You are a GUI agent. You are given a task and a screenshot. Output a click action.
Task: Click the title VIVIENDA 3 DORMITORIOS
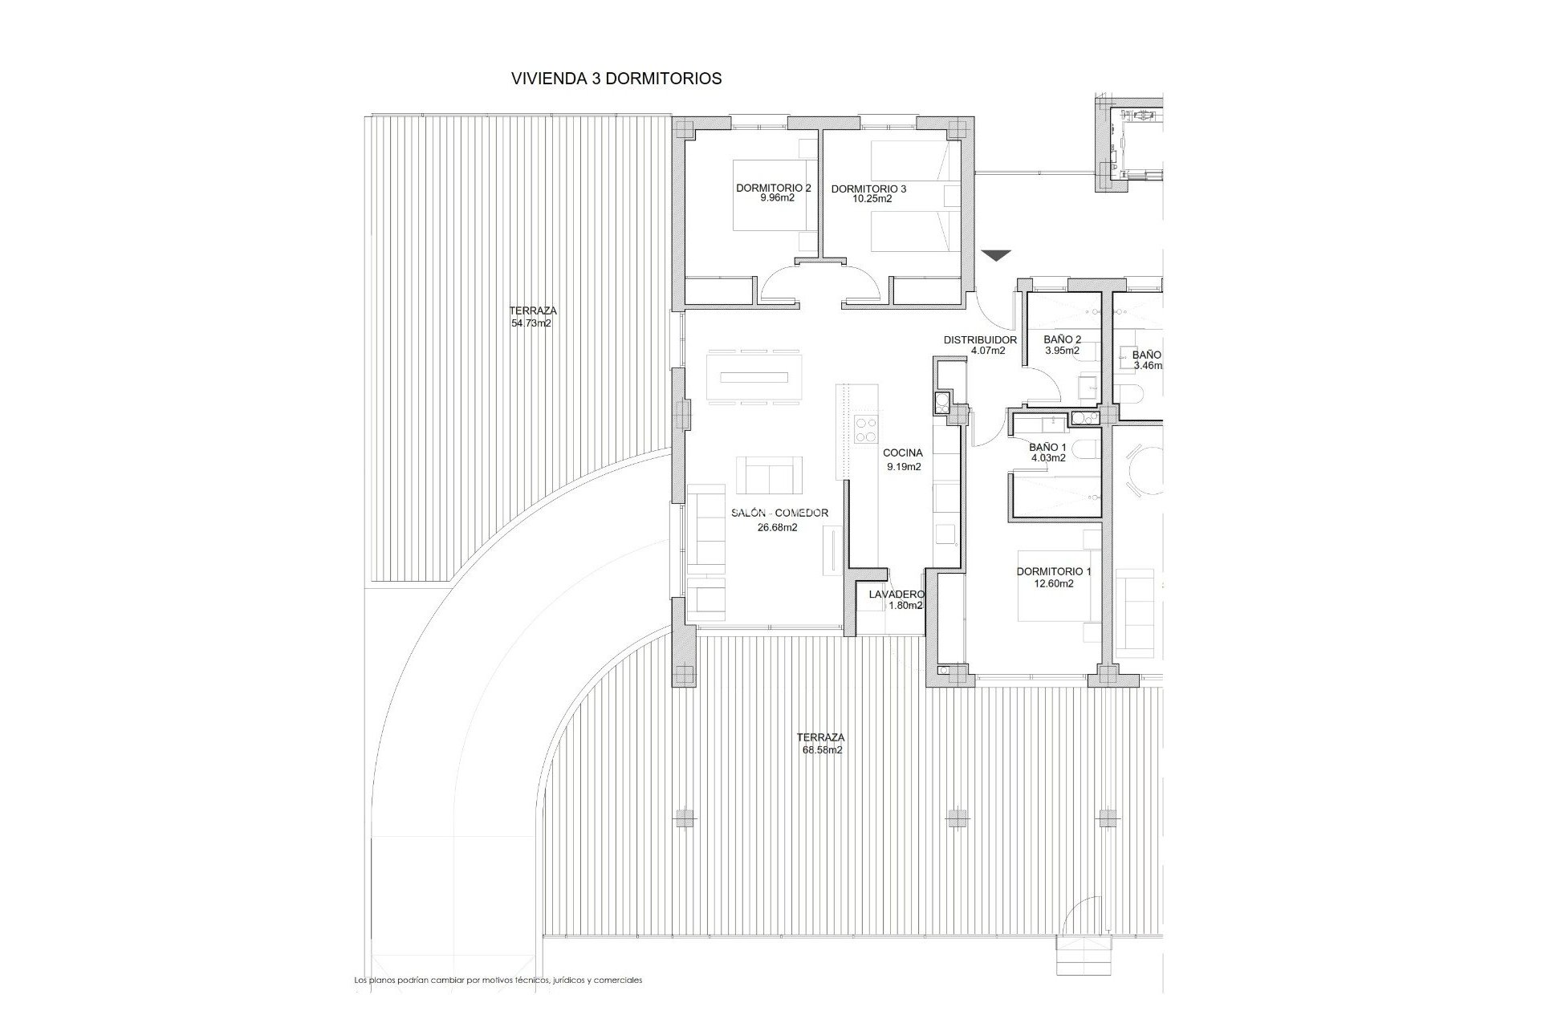616,79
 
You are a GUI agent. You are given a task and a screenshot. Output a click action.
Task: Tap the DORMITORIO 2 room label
774,188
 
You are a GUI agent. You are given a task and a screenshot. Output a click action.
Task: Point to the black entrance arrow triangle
996,256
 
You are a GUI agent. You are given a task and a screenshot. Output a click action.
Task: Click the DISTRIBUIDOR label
980,339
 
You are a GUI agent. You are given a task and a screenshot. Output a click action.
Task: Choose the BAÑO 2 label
1062,339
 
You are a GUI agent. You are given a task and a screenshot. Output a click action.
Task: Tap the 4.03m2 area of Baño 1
1048,458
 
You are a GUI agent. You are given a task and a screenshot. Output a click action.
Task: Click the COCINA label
903,453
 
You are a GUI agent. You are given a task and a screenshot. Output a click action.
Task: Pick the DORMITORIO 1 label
1054,572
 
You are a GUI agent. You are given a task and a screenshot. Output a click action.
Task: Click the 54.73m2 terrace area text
531,324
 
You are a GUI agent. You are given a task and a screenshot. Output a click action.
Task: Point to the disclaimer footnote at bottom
498,980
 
